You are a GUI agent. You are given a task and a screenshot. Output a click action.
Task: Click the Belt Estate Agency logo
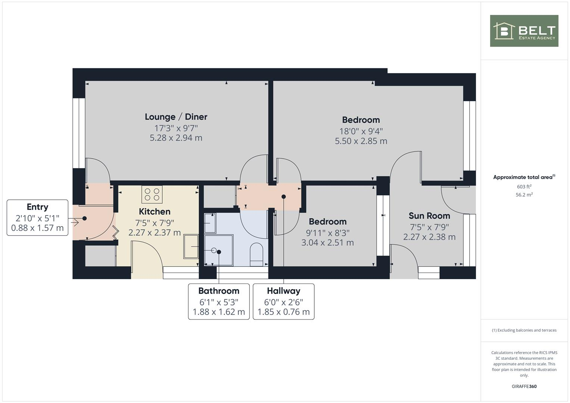pos(524,31)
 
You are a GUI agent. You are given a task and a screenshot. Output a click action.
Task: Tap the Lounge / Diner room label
pos(176,117)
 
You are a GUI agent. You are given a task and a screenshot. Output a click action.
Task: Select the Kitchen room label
pos(155,212)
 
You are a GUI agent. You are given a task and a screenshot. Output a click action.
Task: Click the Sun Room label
pos(429,216)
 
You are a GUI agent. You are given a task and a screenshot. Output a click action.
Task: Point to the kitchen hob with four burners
pos(152,194)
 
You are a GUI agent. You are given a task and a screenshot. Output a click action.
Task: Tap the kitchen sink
pos(191,247)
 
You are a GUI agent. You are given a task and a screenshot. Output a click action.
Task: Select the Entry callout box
pos(37,218)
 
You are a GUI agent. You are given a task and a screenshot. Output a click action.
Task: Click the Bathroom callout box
pos(219,302)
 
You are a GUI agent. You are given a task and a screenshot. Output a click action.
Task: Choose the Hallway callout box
pos(284,302)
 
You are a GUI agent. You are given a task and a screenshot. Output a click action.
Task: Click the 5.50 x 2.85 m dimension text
pos(361,141)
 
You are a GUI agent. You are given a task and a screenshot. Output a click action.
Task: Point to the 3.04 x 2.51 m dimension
pos(327,243)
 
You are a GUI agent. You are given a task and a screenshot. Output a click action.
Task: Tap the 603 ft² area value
pos(524,187)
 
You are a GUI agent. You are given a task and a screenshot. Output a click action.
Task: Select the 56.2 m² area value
pos(524,195)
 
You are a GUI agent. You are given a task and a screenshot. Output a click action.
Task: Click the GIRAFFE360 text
pos(524,386)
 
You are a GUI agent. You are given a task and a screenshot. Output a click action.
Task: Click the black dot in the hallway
pos(284,197)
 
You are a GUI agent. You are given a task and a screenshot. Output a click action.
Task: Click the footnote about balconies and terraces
pos(524,330)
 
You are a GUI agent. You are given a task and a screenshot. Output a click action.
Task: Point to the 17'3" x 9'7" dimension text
pos(176,128)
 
